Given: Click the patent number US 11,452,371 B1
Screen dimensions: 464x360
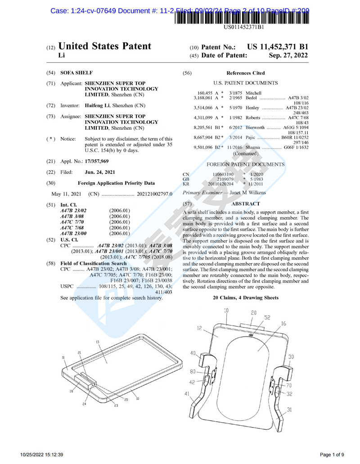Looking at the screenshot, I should coord(278,47).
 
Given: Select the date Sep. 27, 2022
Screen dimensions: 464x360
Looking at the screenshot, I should coord(288,55).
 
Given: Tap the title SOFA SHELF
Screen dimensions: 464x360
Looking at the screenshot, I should coord(76,73).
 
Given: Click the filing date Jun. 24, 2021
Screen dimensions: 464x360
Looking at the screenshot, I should coord(99,172).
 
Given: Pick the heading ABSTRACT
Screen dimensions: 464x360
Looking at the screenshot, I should coord(245,204).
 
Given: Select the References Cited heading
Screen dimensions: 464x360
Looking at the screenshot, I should coord(245,73).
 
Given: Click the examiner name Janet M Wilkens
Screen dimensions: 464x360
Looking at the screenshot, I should coord(247,193).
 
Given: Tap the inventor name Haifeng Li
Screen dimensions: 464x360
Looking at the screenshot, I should coord(97,105).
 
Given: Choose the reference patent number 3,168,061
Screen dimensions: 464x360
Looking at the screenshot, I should coord(202,98).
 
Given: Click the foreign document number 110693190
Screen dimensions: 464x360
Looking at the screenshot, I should coord(223,174).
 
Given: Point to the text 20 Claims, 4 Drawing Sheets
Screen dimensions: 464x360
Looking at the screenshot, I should coord(245,298).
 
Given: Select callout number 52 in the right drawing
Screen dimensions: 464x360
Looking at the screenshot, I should coord(267,318).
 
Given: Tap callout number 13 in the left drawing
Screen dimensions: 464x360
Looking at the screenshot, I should coord(98,342).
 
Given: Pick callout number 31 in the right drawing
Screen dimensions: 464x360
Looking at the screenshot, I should coord(290,409).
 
